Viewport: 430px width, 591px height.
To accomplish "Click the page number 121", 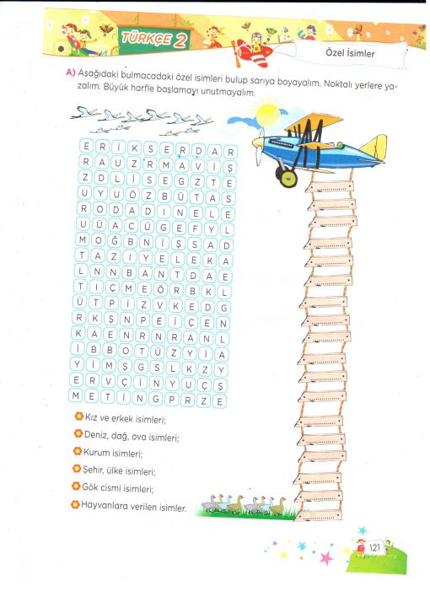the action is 374,547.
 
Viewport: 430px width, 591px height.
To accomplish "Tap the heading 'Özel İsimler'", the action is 350,53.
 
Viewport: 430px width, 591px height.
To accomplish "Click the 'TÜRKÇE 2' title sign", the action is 154,39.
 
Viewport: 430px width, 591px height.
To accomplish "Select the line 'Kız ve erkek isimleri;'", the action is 126,418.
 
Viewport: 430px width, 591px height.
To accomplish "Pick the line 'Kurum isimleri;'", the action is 113,453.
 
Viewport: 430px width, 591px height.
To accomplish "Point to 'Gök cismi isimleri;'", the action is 117,488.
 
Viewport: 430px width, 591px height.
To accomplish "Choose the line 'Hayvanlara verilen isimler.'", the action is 133,506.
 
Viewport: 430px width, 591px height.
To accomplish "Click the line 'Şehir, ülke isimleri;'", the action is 119,470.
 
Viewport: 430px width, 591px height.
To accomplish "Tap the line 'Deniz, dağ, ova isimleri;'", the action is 132,436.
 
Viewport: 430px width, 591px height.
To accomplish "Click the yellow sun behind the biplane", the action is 266,113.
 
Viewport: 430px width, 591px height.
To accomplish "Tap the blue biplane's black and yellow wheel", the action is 288,178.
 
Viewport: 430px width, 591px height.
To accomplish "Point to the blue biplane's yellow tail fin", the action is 374,148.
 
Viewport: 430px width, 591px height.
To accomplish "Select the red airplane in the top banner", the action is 252,51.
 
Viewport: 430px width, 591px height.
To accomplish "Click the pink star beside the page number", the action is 326,558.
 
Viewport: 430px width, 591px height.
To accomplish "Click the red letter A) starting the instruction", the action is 71,72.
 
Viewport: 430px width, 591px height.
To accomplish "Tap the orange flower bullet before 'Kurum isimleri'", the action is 78,451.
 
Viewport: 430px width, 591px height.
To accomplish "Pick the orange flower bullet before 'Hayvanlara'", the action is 75,504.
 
